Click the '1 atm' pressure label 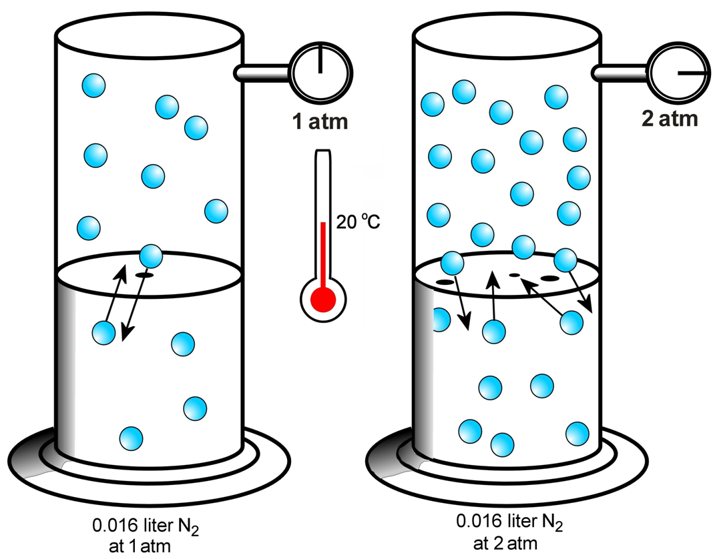[320, 123]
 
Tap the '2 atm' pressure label [672, 120]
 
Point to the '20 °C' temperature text [357, 222]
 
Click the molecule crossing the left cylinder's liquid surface [152, 255]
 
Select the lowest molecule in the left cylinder [131, 438]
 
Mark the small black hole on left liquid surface [145, 274]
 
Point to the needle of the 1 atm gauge [321, 59]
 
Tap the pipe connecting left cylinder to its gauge [262, 72]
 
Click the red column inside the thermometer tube [323, 253]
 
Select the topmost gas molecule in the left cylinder [93, 85]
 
